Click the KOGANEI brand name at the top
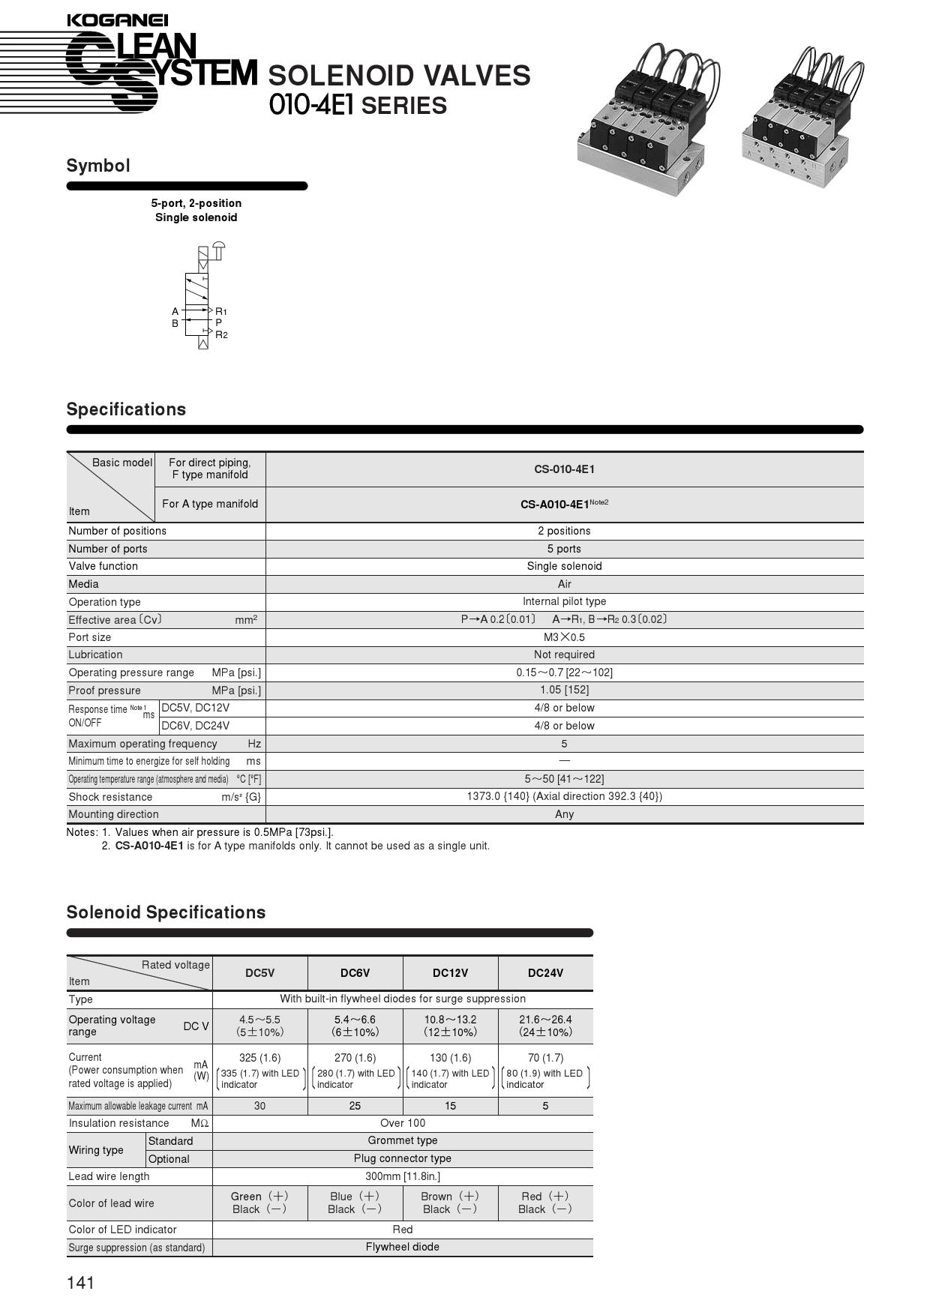[117, 20]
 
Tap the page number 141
[81, 1283]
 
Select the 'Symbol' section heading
[98, 166]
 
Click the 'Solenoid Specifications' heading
[166, 912]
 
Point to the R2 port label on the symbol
[221, 334]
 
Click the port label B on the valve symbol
[175, 324]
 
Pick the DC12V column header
[450, 973]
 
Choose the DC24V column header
[545, 973]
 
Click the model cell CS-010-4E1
[564, 469]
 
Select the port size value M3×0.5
[564, 637]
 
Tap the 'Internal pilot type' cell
[564, 601]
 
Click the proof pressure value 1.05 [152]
[564, 690]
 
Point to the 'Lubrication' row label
[95, 655]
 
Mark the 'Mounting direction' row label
[113, 814]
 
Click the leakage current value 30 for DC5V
[259, 1106]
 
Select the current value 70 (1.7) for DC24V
[545, 1058]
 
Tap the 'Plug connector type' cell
[403, 1158]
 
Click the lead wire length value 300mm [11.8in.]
[403, 1176]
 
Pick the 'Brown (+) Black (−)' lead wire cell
[450, 1203]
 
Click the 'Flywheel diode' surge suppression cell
[403, 1247]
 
